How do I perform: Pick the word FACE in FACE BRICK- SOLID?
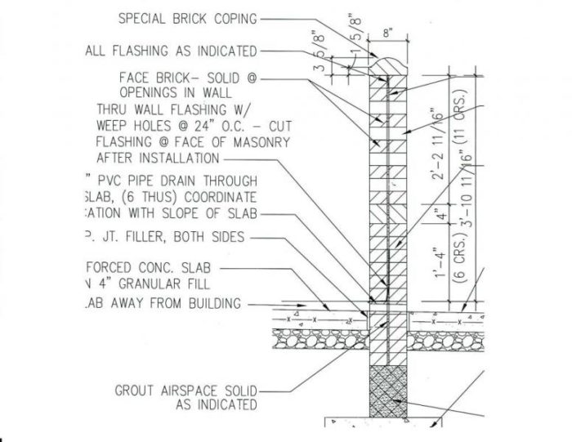coord(134,78)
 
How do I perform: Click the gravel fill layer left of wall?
coord(319,337)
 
